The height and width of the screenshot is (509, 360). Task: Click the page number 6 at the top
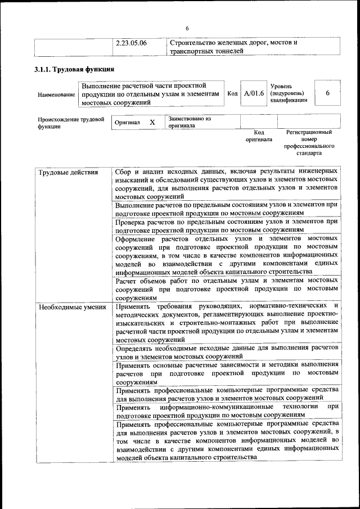pos(187,29)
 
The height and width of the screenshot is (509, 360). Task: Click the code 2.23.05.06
pos(131,43)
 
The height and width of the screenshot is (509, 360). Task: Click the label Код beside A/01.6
pos(232,93)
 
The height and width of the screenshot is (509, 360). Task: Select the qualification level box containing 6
pos(327,93)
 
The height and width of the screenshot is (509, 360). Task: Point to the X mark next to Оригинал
pos(152,122)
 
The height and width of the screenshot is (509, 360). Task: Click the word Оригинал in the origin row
pos(127,122)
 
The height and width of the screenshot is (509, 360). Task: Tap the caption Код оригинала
pos(259,136)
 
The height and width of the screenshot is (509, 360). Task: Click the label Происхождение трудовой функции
pos(71,123)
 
